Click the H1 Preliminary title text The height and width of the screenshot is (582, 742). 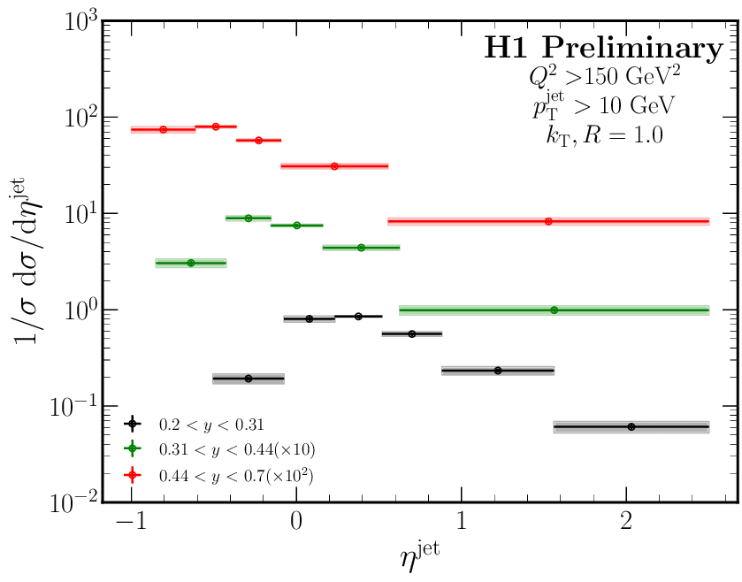(x=603, y=50)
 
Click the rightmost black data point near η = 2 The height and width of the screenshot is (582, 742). (x=631, y=427)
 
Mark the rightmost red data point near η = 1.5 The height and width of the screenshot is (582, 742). (x=548, y=221)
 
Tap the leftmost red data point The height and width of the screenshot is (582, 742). (x=163, y=129)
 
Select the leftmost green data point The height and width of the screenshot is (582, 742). (x=191, y=263)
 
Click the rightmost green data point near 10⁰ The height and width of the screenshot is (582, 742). (x=554, y=310)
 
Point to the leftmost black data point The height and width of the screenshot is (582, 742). (x=249, y=379)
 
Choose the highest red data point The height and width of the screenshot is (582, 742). (x=215, y=126)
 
